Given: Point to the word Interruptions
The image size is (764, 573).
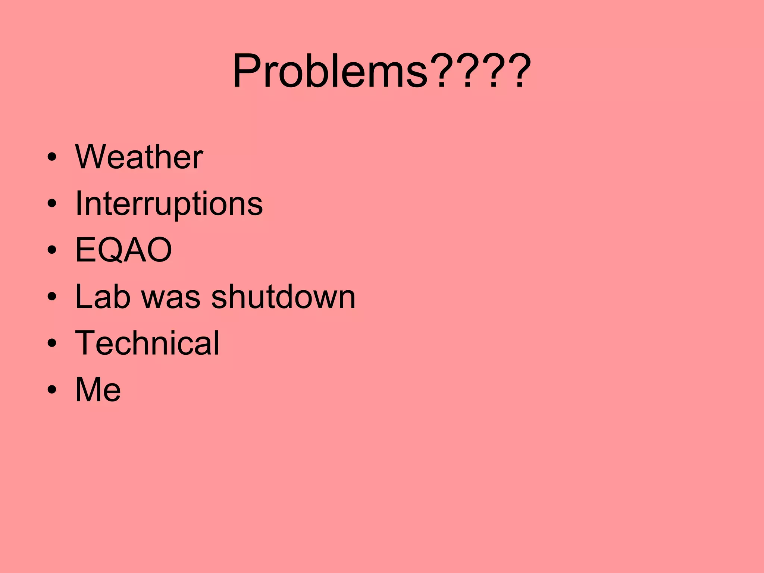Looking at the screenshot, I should pyautogui.click(x=169, y=204).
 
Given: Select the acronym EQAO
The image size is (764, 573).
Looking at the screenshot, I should pyautogui.click(x=123, y=250).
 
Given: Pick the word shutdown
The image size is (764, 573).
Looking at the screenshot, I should pyautogui.click(x=283, y=297).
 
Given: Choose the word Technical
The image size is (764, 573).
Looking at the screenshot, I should pyautogui.click(x=147, y=343).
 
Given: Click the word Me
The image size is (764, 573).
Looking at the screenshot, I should pyautogui.click(x=98, y=389).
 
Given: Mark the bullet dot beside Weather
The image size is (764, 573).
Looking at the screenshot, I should pyautogui.click(x=52, y=157).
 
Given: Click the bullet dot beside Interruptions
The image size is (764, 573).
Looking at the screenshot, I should pyautogui.click(x=52, y=204).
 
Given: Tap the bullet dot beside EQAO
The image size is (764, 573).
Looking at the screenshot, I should pyautogui.click(x=52, y=250).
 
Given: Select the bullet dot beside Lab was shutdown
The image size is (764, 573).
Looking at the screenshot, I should pyautogui.click(x=52, y=297).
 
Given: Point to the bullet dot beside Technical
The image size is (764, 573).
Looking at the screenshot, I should pyautogui.click(x=52, y=343).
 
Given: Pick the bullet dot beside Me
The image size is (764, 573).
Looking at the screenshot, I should pyautogui.click(x=52, y=389).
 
